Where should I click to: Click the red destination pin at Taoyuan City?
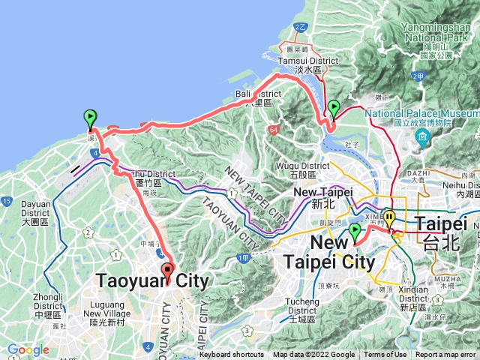166,272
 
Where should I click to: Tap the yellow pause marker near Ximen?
388,220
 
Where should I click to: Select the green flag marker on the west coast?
91,118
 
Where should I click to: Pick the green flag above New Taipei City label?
355,232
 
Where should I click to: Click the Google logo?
28,350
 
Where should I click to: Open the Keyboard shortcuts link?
232,355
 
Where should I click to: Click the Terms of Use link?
385,355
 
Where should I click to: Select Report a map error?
445,355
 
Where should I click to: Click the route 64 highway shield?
269,130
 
